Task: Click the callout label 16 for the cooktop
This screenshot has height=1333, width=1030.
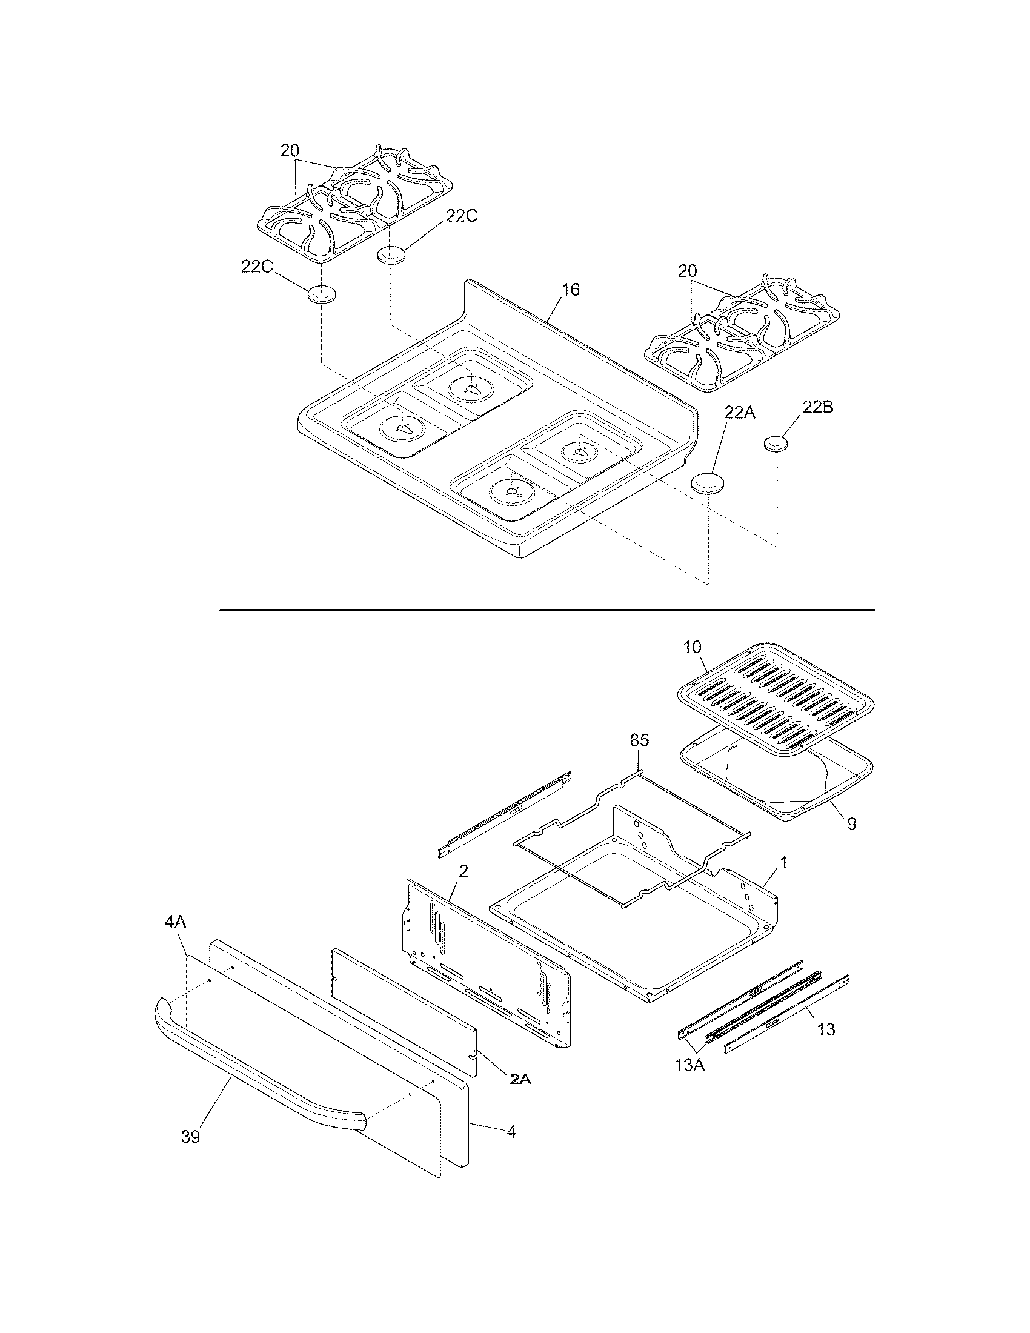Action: pos(571,290)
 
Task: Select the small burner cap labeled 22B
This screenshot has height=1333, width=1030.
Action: pos(776,445)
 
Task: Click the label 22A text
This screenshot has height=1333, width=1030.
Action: pos(740,413)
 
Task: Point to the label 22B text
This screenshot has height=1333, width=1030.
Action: pos(817,408)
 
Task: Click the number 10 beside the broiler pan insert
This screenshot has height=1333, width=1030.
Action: pos(692,647)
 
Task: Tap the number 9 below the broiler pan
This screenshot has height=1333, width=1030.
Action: pos(852,824)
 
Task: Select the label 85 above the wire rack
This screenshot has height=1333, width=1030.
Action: pos(639,740)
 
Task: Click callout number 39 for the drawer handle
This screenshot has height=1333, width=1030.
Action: pos(191,1137)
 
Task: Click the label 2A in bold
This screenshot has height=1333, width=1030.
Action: pos(520,1079)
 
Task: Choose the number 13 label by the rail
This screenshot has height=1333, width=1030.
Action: pos(826,1029)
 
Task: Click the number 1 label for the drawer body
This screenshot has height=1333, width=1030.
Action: pos(783,863)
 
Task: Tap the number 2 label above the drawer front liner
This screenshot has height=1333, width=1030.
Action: pos(463,871)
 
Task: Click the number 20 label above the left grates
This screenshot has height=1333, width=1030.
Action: pos(290,151)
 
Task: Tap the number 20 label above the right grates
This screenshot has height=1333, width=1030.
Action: pos(687,271)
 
